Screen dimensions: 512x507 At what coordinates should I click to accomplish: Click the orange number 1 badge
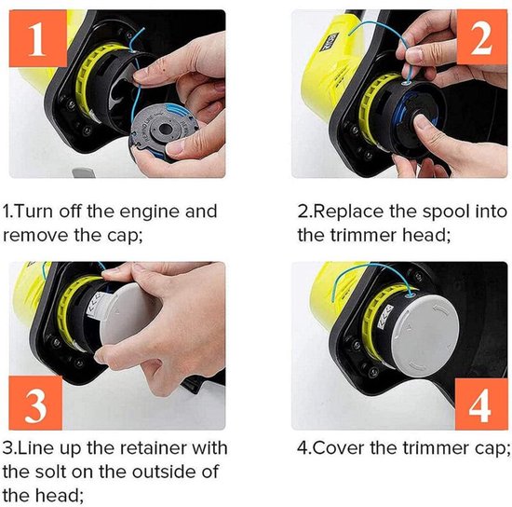pos(38,38)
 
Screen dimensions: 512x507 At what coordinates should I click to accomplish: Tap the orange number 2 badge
pos(482,36)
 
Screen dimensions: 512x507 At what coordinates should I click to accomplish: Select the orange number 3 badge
pos(35,403)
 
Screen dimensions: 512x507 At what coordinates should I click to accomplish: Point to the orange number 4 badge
pos(480,404)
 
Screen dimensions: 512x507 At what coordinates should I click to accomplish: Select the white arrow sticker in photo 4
pos(385,316)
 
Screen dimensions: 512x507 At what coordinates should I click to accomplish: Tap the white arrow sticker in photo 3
pos(97,307)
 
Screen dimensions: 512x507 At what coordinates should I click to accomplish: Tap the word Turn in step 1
pos(34,212)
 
